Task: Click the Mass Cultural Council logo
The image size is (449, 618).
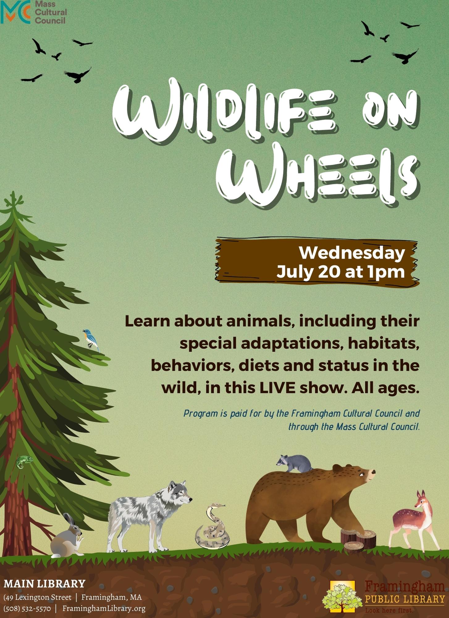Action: [33, 12]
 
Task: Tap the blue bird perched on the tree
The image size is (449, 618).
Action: [91, 340]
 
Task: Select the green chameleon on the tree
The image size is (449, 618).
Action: [24, 462]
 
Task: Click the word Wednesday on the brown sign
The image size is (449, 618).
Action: [352, 253]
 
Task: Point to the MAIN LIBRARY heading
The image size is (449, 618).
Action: [44, 583]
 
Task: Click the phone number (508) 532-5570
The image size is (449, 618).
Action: [27, 608]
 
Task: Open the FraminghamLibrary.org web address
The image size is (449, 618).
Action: [104, 608]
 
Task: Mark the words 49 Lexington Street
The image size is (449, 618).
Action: [38, 597]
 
